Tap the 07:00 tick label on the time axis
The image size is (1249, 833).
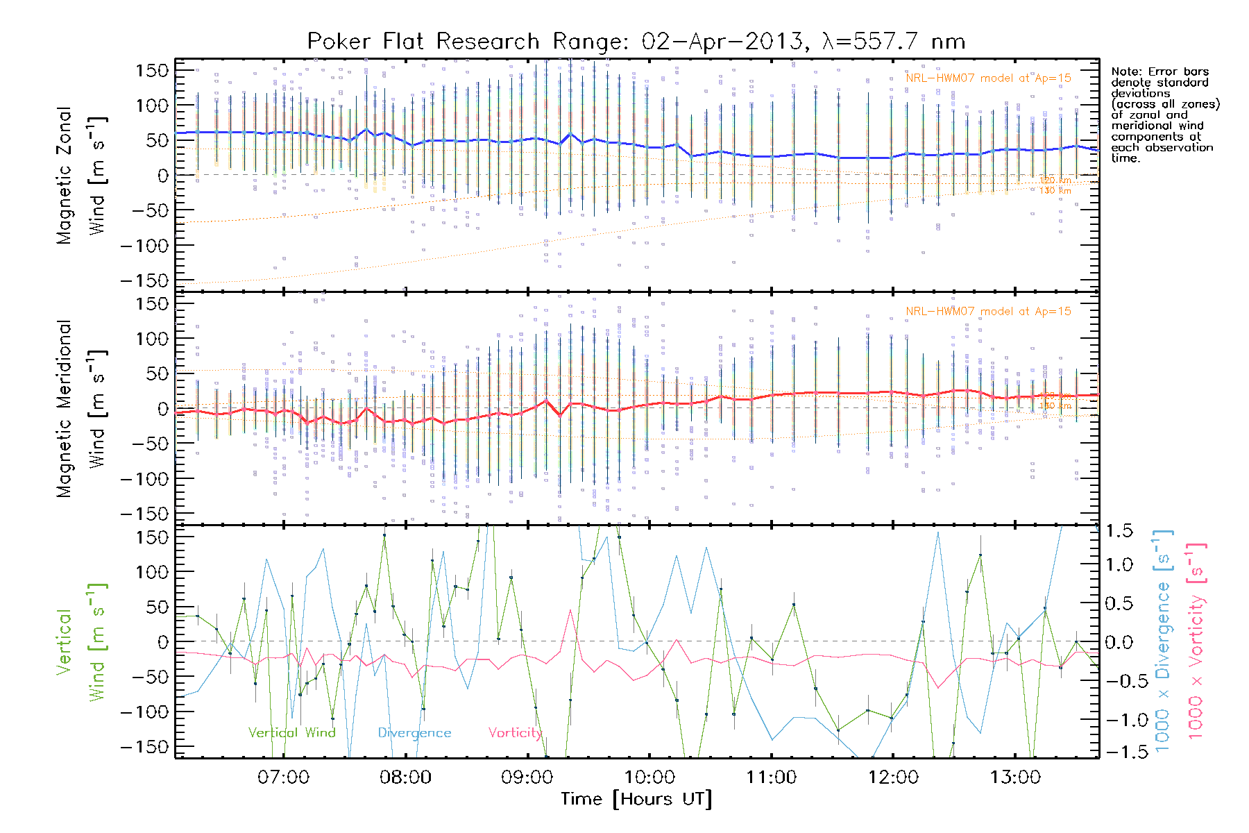click(x=283, y=777)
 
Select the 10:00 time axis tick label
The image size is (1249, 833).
click(x=649, y=777)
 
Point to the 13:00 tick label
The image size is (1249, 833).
click(x=1015, y=777)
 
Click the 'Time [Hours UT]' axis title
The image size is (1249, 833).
click(x=636, y=799)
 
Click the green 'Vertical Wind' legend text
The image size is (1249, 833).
click(x=291, y=732)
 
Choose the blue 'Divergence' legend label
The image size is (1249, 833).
click(x=414, y=732)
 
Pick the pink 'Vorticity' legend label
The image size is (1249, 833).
click(x=514, y=732)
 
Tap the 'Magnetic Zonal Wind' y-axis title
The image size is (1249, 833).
click(x=81, y=176)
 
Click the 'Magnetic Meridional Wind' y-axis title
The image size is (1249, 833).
click(x=81, y=409)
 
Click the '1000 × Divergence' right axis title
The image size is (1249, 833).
click(x=1163, y=641)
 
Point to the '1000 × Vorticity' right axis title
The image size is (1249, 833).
click(x=1196, y=641)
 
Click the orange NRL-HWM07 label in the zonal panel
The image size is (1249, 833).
click(x=988, y=78)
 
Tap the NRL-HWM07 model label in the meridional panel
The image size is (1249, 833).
click(x=988, y=312)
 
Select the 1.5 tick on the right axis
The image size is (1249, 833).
click(x=1119, y=531)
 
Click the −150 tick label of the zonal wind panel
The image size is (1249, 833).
click(x=144, y=280)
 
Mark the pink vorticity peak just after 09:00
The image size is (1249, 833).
click(x=570, y=610)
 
